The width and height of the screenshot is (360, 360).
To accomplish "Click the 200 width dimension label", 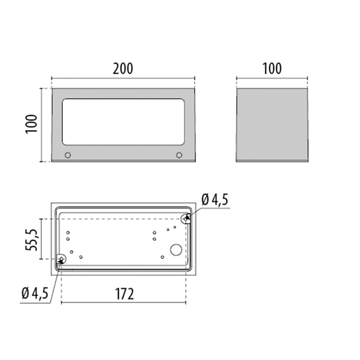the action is click(123, 68).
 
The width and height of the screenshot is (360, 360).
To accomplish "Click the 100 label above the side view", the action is click(272, 68).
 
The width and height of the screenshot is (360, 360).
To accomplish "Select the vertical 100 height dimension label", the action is click(31, 124).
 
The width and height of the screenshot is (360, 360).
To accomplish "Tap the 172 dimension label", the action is click(124, 294).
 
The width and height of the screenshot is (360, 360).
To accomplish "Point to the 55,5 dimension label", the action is click(31, 239).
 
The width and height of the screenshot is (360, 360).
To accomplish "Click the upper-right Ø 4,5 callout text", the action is click(214, 199).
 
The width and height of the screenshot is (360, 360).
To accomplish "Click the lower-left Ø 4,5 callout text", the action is click(35, 293).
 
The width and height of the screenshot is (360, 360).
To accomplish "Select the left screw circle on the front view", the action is click(68, 155).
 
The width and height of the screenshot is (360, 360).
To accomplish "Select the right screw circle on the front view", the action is click(179, 155).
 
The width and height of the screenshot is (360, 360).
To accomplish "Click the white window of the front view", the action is click(123, 122).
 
